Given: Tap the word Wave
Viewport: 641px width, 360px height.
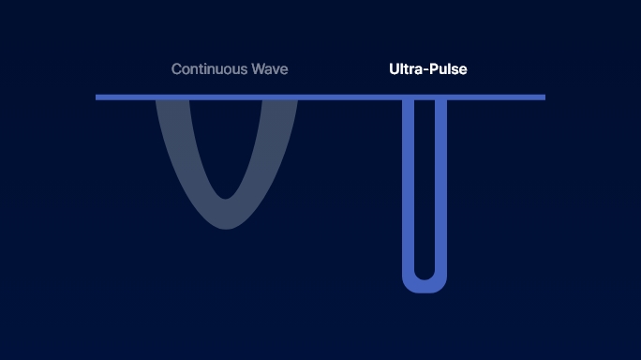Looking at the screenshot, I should (x=270, y=69).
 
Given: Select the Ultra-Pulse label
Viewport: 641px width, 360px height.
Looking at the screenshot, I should (x=427, y=69).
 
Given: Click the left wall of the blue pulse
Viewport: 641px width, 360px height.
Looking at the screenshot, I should (x=409, y=187).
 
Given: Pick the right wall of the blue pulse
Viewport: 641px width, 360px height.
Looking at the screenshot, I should (x=440, y=187).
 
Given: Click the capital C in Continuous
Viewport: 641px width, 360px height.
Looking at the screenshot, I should (x=176, y=69).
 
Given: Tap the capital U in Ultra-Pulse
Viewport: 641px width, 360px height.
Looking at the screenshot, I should (x=395, y=69).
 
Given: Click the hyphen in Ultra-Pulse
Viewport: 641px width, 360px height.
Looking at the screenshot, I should (x=427, y=70).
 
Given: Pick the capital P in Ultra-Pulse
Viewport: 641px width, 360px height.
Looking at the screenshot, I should (x=436, y=69).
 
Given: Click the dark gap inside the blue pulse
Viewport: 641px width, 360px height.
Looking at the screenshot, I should (x=425, y=187).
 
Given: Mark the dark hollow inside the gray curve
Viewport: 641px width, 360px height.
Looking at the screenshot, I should (x=225, y=141).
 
